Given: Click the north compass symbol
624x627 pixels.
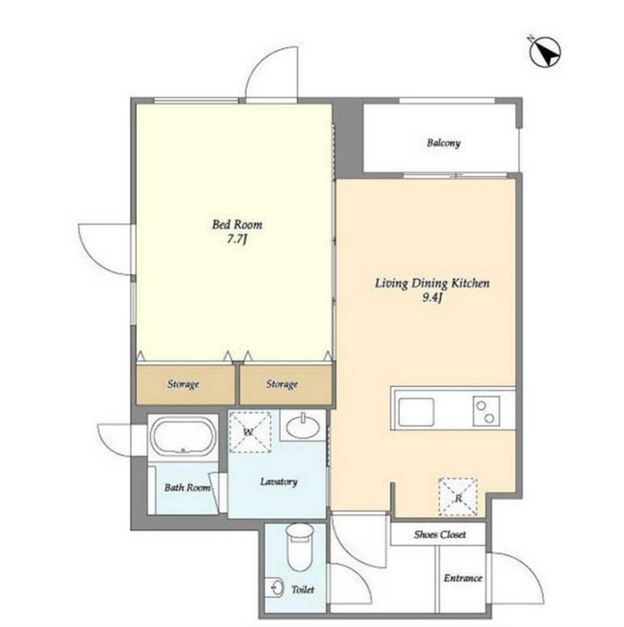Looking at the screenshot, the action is (544, 52).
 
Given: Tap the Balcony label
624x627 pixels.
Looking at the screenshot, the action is (443, 143).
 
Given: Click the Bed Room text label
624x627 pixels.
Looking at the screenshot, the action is (237, 224).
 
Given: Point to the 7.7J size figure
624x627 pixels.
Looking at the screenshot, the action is (237, 239).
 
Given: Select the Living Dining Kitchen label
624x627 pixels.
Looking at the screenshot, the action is (433, 283).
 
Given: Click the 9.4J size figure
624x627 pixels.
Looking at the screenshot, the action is (433, 297).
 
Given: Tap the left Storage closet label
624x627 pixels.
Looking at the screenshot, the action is (183, 384).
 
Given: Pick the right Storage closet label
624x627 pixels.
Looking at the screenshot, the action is (282, 384).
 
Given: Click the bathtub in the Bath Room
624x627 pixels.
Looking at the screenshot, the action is (183, 436).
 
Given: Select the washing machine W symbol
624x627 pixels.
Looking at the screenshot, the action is (249, 432).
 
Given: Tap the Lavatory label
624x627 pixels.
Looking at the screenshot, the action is (279, 481).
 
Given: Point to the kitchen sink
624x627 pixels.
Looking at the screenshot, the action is (416, 413).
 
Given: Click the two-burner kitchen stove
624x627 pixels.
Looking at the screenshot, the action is (486, 411).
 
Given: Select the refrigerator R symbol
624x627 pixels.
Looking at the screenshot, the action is (459, 497).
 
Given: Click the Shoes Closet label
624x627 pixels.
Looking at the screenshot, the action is (440, 534).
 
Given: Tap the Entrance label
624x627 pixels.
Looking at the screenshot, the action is (463, 578).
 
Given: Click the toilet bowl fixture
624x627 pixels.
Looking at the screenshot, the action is (299, 547).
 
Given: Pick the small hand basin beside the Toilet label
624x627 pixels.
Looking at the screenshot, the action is (274, 588).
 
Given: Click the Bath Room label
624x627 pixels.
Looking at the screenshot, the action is (188, 488).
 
